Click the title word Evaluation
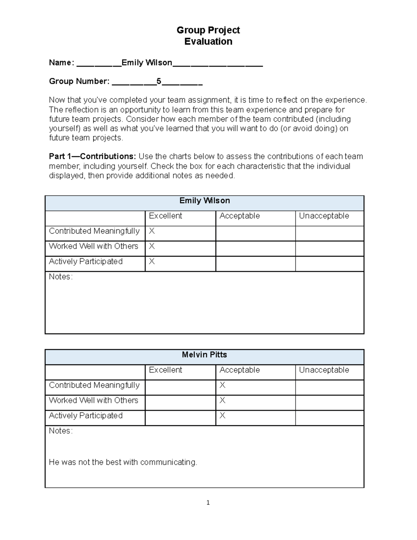tap(208, 41)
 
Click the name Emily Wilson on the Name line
tap(147, 63)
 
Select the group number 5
tap(159, 81)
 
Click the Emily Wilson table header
tap(204, 201)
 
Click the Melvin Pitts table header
tap(204, 355)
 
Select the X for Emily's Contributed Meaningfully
tap(152, 231)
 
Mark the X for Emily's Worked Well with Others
tap(152, 246)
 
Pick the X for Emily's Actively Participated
tap(152, 261)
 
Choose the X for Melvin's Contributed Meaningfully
tap(222, 385)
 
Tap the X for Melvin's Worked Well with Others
tap(222, 400)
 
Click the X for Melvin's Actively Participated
tap(222, 416)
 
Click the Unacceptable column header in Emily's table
tap(324, 216)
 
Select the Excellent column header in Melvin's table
tap(165, 370)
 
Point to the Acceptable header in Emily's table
tap(239, 216)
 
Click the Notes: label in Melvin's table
tap(60, 431)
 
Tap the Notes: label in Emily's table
tap(60, 277)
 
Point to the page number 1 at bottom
tap(208, 502)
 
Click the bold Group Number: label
tap(79, 81)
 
